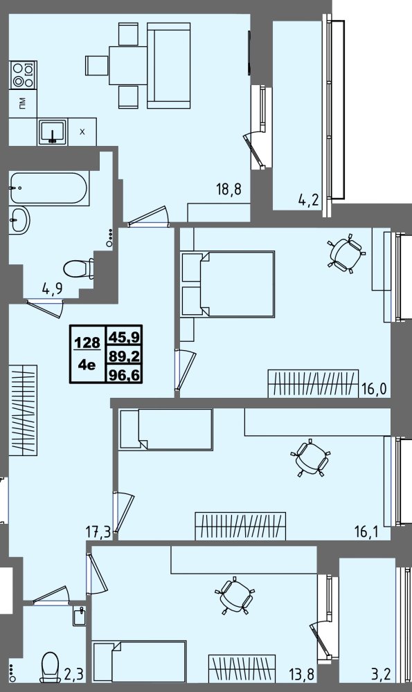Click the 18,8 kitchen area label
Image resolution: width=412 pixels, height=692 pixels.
[229, 190]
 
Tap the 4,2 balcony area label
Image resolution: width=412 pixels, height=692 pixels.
[308, 201]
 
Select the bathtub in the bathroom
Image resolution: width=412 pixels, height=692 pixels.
[48, 188]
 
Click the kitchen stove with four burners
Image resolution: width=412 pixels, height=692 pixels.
[24, 75]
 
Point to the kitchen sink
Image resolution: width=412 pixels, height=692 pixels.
[53, 132]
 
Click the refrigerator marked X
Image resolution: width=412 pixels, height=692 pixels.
[82, 131]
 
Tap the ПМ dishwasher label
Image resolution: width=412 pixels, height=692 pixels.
[23, 103]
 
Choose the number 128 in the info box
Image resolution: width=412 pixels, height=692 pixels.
[87, 343]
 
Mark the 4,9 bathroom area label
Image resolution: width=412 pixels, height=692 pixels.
[52, 289]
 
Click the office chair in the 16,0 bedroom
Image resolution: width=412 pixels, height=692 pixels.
[347, 254]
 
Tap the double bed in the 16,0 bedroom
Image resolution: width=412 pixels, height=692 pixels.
[228, 284]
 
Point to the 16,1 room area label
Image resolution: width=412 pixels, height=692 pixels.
[366, 531]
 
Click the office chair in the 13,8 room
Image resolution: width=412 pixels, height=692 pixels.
[235, 595]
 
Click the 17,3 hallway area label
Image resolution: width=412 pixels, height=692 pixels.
[98, 533]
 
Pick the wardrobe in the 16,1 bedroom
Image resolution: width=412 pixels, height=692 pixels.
[241, 526]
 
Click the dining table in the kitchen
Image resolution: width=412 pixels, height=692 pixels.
[128, 65]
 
